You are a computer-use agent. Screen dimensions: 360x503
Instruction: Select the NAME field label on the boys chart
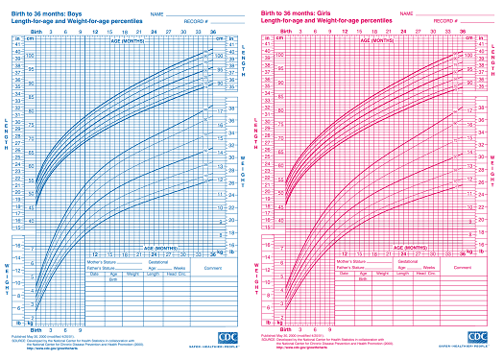(156, 12)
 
